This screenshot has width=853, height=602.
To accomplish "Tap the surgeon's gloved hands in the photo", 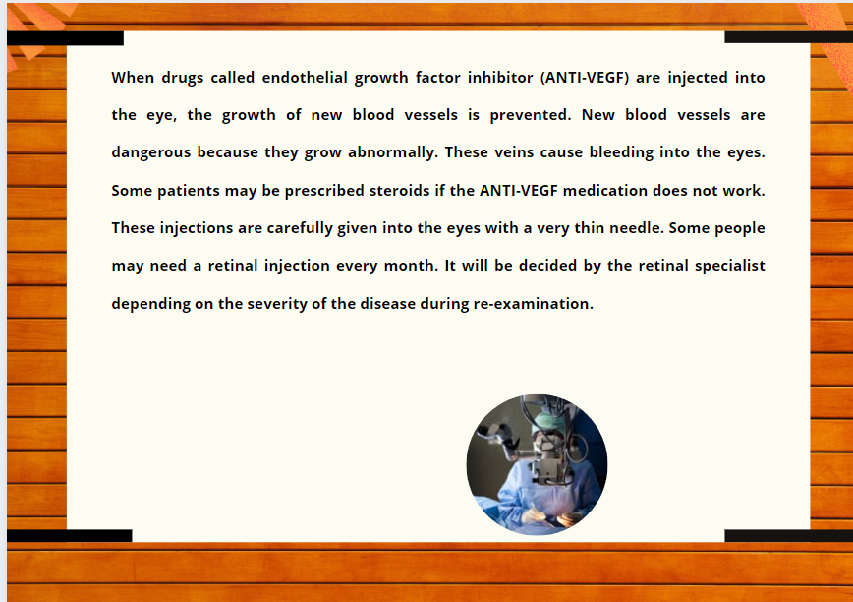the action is click(x=551, y=516).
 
